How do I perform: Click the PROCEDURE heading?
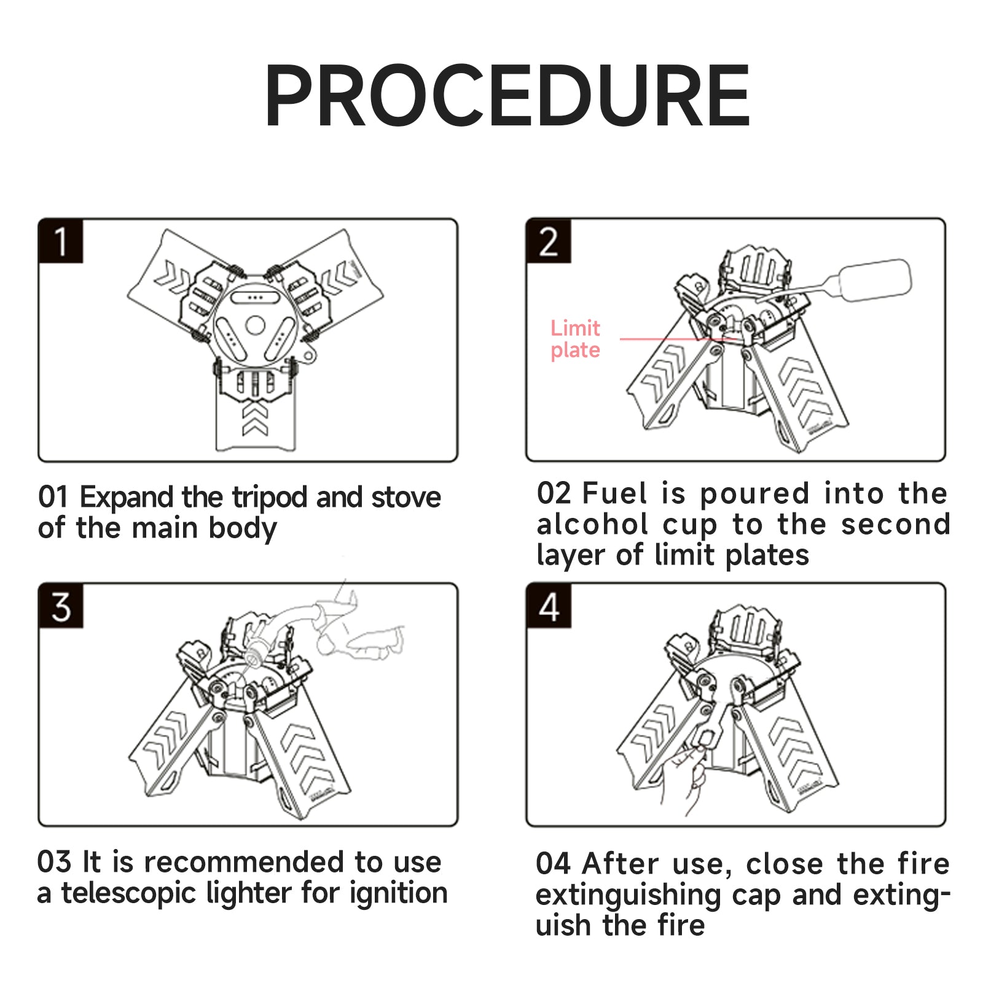[507, 96]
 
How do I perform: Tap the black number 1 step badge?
[60, 241]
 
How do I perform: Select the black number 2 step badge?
[549, 241]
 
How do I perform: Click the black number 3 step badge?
[60, 606]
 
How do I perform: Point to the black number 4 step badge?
[549, 606]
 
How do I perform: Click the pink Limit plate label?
[575, 339]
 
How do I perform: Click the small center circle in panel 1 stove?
[255, 325]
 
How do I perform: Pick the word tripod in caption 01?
[269, 498]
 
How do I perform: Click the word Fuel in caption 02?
[615, 493]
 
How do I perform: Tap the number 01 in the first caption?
[53, 497]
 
